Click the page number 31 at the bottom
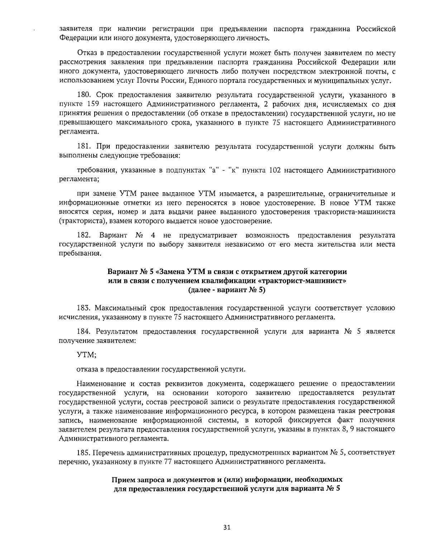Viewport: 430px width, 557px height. (x=226, y=527)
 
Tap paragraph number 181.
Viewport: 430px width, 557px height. (x=84, y=147)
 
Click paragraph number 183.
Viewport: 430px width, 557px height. (x=84, y=308)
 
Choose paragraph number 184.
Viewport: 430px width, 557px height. (x=84, y=331)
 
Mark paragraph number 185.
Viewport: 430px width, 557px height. (x=84, y=453)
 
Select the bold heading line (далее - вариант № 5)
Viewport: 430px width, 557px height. (x=226, y=290)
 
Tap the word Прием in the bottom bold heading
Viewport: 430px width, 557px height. (x=124, y=480)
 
